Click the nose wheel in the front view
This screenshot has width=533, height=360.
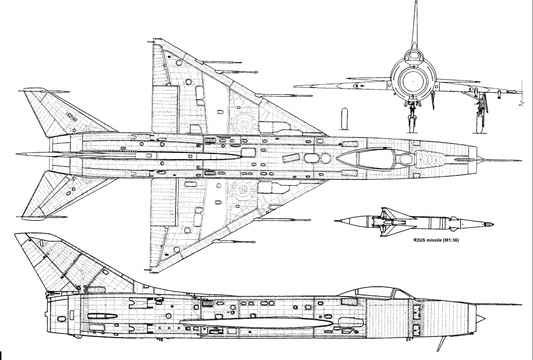point(412,124)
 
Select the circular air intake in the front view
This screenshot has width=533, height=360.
point(413,81)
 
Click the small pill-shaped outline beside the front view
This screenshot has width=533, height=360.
point(345,118)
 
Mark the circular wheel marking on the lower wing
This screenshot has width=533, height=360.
point(244,189)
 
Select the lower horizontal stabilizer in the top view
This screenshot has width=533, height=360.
point(68,195)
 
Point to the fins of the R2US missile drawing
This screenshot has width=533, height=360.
point(391,222)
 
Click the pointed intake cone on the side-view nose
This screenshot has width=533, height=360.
point(480,318)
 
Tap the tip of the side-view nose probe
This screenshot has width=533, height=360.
point(522,305)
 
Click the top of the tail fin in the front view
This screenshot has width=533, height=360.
point(415,1)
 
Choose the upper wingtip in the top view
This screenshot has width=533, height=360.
point(155,40)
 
